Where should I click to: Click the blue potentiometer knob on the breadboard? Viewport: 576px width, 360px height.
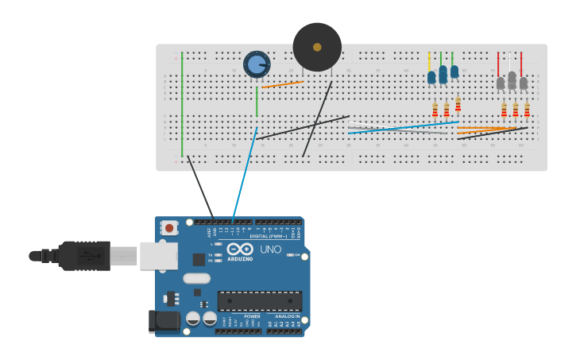coord(256,64)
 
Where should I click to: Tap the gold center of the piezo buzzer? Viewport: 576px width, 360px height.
coord(317,47)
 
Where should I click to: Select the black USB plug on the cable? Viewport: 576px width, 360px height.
coord(83,256)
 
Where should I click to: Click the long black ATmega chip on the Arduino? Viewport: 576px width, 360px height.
coord(259,300)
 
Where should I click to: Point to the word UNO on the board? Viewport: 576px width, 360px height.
coord(270,250)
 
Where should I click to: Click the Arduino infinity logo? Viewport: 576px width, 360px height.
coord(239,249)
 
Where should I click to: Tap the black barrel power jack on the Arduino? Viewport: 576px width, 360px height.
coord(164,321)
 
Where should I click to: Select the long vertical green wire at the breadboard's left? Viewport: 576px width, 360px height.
coord(182,103)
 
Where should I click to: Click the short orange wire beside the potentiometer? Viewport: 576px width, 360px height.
coord(282,84)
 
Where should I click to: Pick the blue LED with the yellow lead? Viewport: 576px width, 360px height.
coord(431,77)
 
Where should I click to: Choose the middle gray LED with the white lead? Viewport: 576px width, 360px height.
coord(512,79)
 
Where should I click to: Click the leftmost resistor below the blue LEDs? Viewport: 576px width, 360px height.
coord(435,110)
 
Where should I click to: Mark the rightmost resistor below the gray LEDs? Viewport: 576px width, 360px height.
coord(527,110)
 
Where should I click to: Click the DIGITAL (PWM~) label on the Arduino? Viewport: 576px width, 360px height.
coord(269,236)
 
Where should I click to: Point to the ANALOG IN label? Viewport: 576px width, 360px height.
coord(288,316)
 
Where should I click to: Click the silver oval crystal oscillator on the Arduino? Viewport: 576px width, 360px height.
coord(196,278)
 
